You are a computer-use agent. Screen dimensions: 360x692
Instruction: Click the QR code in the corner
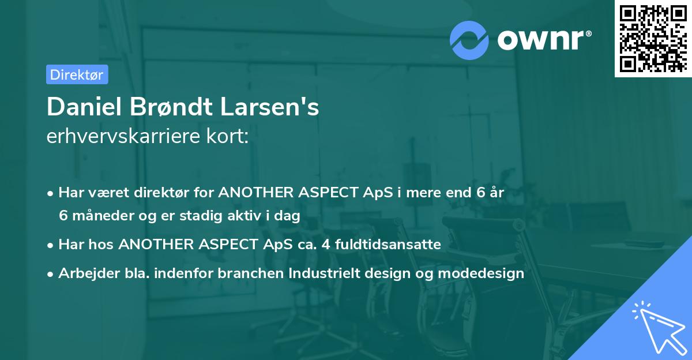(x=653, y=39)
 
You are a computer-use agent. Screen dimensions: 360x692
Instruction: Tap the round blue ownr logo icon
(x=469, y=40)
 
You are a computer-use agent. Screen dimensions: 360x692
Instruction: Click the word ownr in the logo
(x=544, y=40)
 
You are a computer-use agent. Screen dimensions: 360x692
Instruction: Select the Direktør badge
(x=77, y=74)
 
